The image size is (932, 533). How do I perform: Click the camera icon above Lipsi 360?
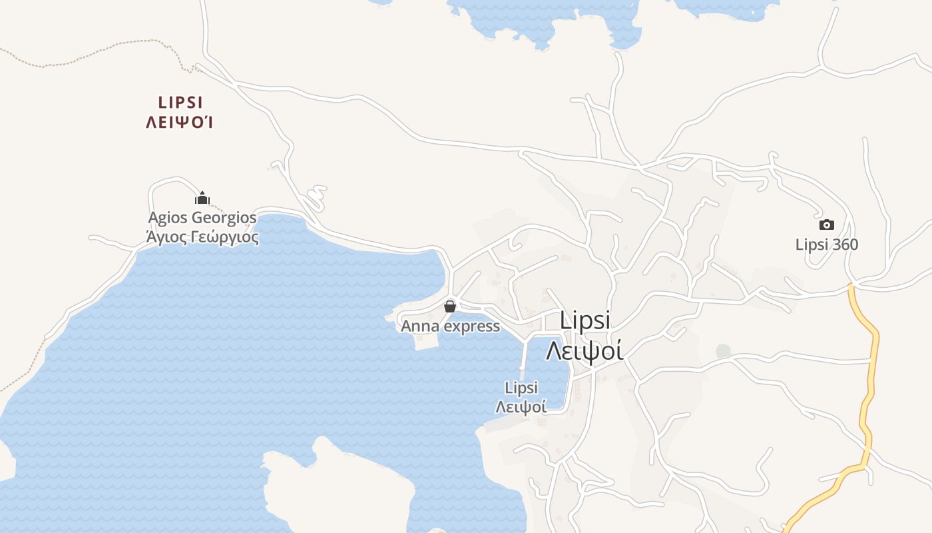click(x=826, y=225)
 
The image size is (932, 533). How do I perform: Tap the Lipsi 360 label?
click(x=827, y=245)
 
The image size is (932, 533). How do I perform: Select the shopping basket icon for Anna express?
click(x=450, y=306)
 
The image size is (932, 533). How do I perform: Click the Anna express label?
click(x=450, y=326)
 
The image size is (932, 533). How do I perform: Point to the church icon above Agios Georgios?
click(x=202, y=198)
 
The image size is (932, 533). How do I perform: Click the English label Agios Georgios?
click(x=202, y=218)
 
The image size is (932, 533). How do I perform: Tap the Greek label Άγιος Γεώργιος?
click(x=202, y=237)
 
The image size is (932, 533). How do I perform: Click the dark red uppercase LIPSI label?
click(x=180, y=103)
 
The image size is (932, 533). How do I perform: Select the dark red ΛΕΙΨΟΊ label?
click(x=180, y=123)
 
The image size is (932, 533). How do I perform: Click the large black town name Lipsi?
click(x=585, y=320)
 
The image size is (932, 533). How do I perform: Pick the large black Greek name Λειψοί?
click(x=584, y=350)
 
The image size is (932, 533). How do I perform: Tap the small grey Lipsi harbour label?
click(x=521, y=388)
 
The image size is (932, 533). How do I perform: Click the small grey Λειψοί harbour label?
click(x=521, y=406)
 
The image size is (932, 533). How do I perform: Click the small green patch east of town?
click(x=723, y=350)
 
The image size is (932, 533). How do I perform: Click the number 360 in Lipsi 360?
click(x=844, y=245)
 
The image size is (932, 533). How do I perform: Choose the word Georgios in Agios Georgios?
click(x=224, y=218)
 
